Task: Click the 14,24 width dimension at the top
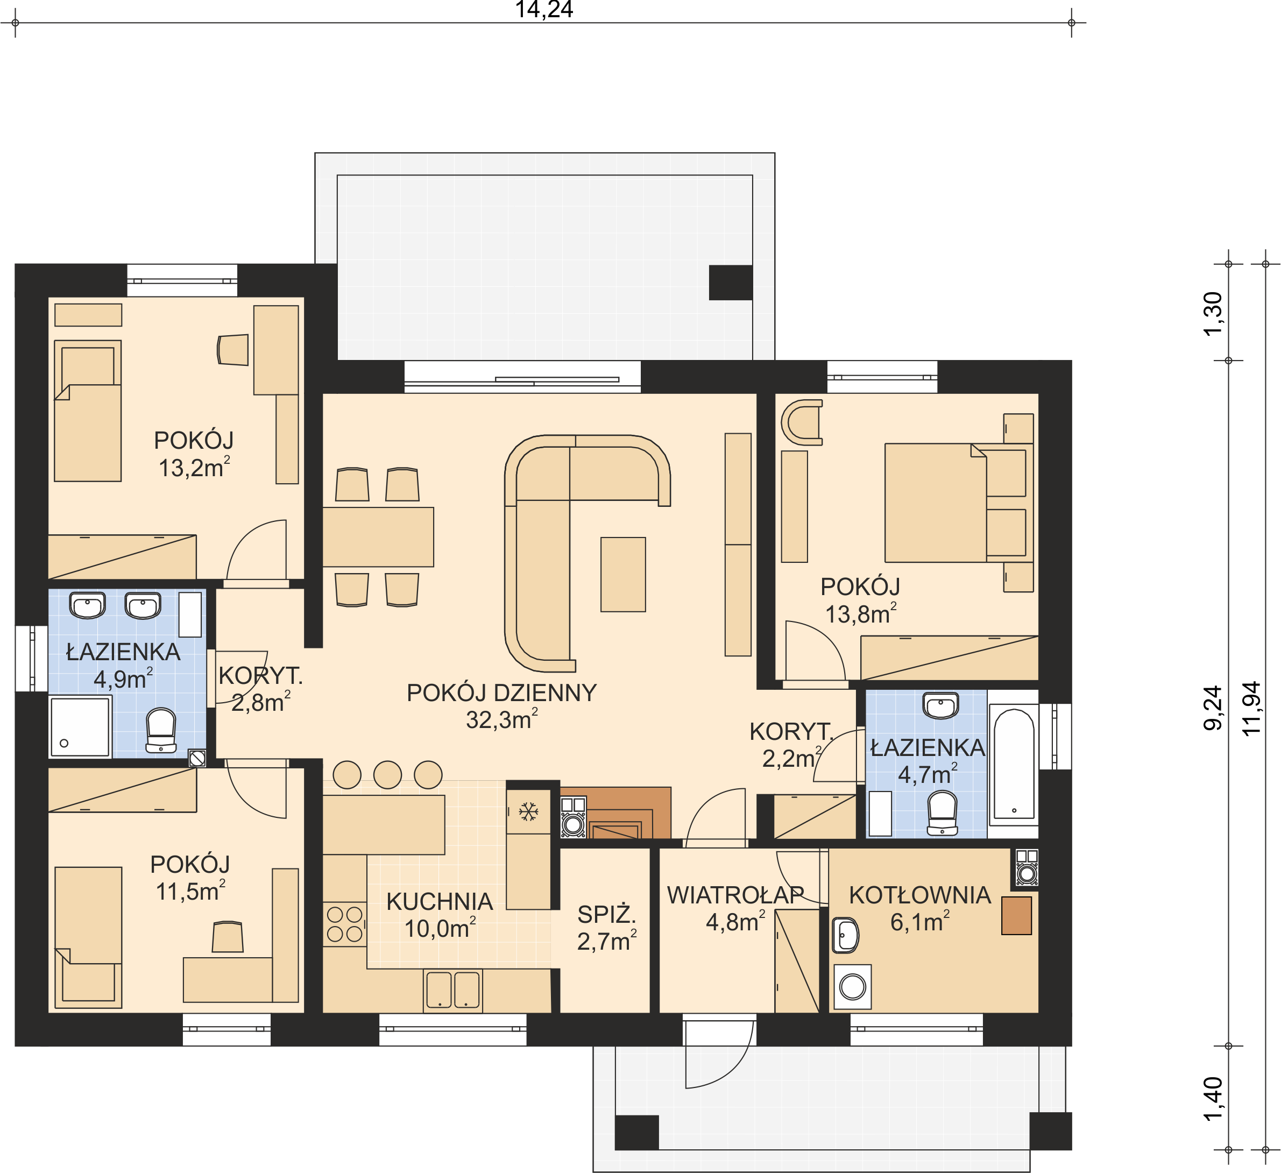(544, 10)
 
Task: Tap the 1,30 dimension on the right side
(1213, 313)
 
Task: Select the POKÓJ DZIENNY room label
(501, 693)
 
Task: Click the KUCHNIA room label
(440, 901)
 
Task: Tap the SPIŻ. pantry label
(607, 914)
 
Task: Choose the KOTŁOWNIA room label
(920, 895)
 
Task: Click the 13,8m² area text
(861, 614)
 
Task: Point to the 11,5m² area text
(190, 891)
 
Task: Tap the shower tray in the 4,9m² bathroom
(81, 727)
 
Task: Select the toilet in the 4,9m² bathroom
(161, 731)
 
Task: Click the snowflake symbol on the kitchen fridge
(529, 811)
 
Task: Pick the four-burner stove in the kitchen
(344, 924)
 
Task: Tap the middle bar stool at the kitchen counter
(387, 775)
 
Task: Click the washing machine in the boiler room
(852, 987)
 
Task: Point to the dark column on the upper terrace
(731, 282)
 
